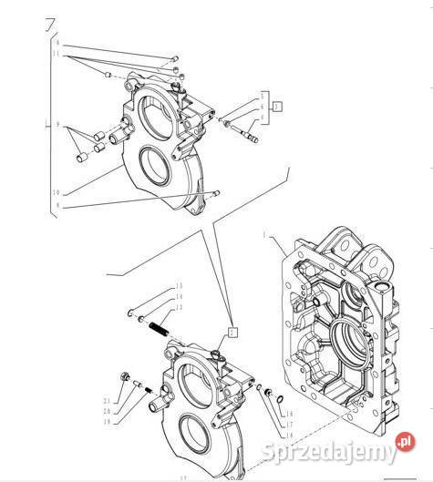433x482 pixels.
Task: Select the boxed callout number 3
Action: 276,107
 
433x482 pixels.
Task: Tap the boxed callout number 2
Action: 232,333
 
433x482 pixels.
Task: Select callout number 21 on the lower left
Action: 106,402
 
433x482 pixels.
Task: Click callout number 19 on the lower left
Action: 106,422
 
